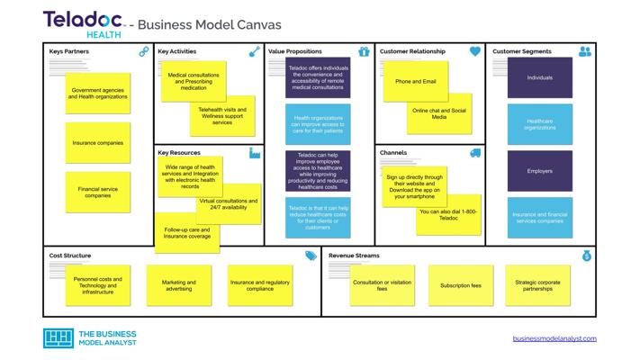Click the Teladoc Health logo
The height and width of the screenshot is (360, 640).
[x=84, y=24]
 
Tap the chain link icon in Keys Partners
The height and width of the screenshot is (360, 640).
[x=144, y=51]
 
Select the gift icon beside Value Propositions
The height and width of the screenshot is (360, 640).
[x=364, y=51]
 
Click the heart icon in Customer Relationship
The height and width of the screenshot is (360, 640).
[x=474, y=51]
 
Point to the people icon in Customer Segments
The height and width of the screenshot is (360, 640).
[x=584, y=51]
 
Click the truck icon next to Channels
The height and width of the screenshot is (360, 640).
[x=475, y=153]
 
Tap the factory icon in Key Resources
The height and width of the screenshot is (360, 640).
[x=254, y=153]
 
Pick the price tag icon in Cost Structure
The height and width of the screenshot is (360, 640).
[x=311, y=256]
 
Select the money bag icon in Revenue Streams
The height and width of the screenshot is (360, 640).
[x=587, y=256]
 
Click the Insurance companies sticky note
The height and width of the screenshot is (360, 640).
[x=98, y=143]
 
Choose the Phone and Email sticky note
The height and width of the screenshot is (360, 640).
[x=416, y=81]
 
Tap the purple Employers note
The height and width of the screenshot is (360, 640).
[x=539, y=171]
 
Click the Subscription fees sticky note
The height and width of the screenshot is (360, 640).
[x=461, y=285]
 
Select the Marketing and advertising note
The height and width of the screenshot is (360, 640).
[x=179, y=285]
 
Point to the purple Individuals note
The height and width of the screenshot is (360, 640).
[x=539, y=77]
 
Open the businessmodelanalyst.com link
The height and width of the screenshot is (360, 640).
[x=554, y=338]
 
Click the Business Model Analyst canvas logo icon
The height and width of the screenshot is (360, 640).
[x=59, y=338]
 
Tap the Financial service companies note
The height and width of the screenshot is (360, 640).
[x=98, y=193]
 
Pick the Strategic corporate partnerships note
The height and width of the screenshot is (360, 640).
[x=537, y=285]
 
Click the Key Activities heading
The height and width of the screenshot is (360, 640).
[x=176, y=51]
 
